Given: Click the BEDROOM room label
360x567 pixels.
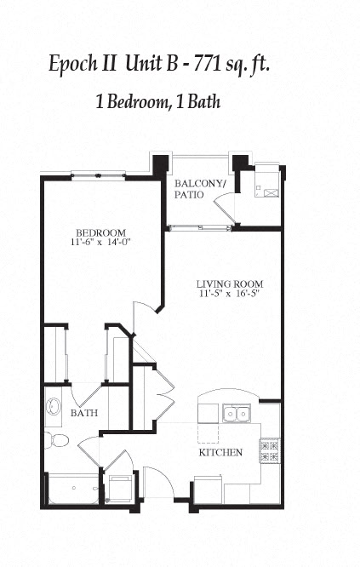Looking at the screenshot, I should click(100, 232).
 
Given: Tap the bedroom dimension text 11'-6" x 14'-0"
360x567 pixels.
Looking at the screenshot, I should click(100, 243).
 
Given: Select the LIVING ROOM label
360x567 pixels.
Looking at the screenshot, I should click(229, 283).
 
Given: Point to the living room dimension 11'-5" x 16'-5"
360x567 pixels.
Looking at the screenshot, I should click(229, 295).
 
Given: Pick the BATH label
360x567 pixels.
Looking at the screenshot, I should click(83, 413).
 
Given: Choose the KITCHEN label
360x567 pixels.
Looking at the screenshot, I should click(222, 453).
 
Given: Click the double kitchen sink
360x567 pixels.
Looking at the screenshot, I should click(236, 414).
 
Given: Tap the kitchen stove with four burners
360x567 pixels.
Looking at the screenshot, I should click(269, 450).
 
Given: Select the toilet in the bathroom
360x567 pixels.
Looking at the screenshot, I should click(56, 440).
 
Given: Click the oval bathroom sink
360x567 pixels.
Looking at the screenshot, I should click(53, 407).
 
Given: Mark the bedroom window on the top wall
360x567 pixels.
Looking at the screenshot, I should click(98, 175).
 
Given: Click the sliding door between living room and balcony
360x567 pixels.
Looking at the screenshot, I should click(201, 227).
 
